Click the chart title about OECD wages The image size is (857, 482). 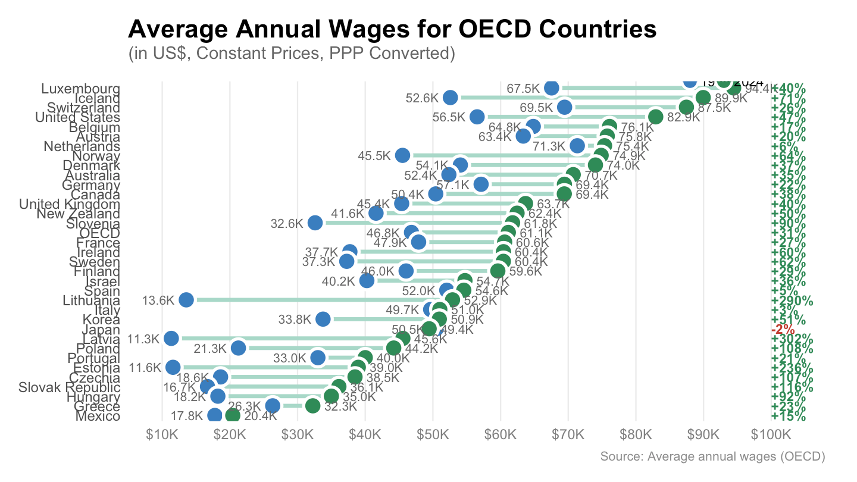tap(392, 29)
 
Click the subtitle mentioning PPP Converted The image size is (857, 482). tap(292, 54)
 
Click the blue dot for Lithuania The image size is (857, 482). tap(186, 300)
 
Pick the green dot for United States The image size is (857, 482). tap(655, 117)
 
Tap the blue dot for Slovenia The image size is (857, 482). tap(315, 223)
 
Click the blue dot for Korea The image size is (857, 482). tap(323, 320)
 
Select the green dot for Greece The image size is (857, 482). tap(313, 406)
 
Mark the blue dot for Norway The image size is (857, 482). tap(402, 156)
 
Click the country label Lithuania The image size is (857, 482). tap(92, 301)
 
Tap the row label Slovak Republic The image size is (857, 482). tap(70, 388)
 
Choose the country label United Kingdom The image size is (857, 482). tap(70, 205)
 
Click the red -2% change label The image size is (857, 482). tap(779, 330)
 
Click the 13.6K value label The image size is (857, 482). tap(159, 301)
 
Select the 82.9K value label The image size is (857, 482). tap(683, 117)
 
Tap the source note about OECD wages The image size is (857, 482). tap(712, 457)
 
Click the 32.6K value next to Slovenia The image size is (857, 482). tap(287, 224)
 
